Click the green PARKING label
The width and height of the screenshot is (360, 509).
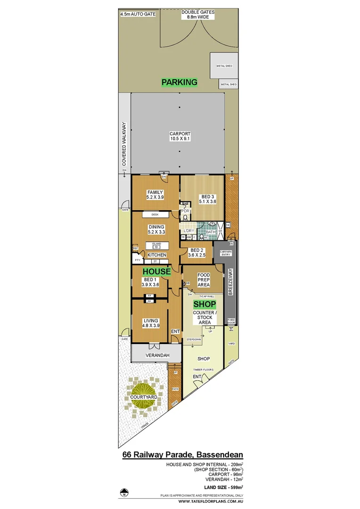point(179,82)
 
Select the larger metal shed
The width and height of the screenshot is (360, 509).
point(224,66)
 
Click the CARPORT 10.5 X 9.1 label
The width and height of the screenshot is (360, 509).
point(179,136)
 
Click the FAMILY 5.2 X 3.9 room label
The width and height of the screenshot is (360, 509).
point(155,195)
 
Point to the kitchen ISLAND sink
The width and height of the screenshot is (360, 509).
point(156,246)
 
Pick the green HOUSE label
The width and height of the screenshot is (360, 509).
point(156,271)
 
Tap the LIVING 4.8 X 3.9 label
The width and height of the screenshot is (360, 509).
point(151,323)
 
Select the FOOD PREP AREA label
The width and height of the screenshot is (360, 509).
point(204,280)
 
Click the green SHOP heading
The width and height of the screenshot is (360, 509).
point(204,304)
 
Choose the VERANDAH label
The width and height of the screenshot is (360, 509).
point(155,355)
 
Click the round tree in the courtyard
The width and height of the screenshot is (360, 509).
point(143,392)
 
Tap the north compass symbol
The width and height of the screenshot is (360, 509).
point(124,493)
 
